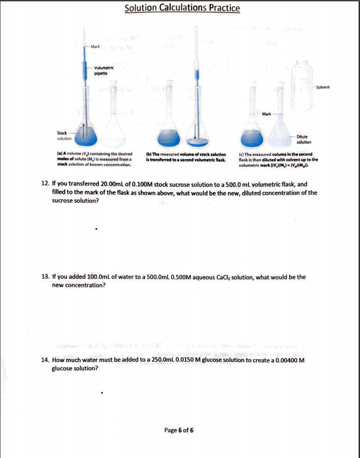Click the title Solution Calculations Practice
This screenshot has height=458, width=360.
tap(182, 8)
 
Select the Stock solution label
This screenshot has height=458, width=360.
tap(64, 136)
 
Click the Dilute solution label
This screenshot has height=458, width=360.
tap(304, 140)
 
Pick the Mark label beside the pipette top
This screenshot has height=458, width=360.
tap(96, 47)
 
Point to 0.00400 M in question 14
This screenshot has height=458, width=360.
tap(287, 361)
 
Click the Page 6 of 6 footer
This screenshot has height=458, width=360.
tap(179, 429)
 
